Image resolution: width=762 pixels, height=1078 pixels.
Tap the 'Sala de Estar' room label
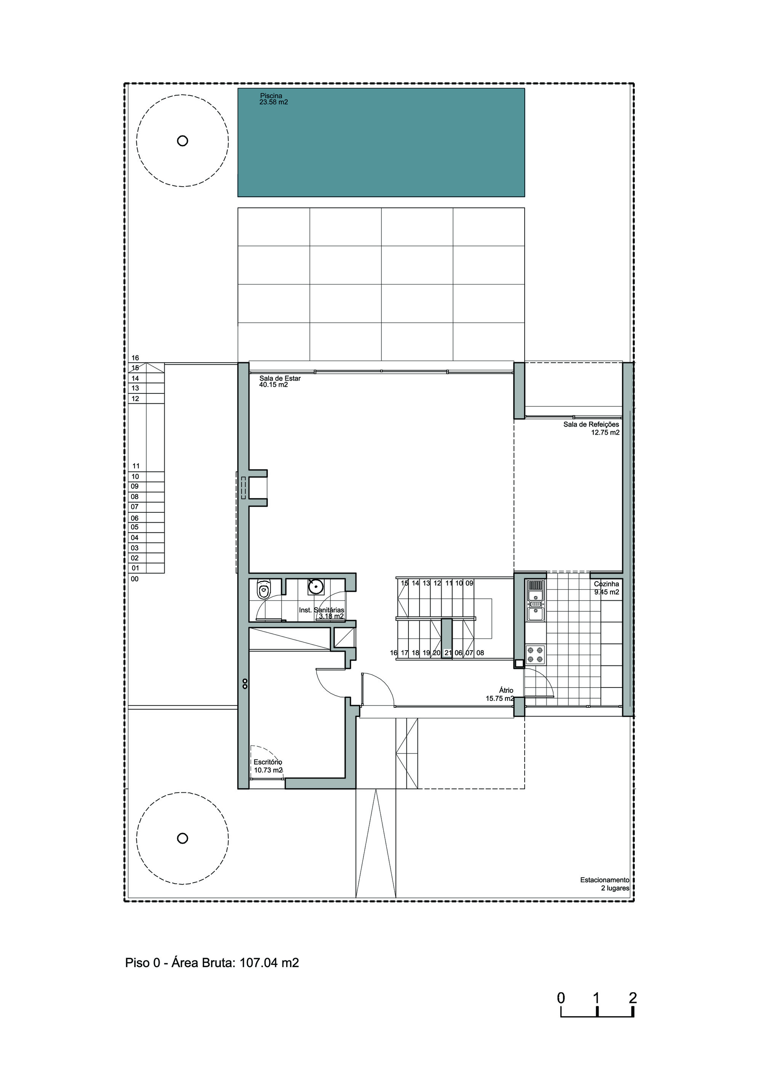click(280, 378)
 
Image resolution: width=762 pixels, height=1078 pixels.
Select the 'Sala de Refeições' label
click(591, 424)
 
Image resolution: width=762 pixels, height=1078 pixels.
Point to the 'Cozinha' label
click(606, 584)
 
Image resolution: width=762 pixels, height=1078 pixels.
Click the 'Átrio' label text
click(506, 690)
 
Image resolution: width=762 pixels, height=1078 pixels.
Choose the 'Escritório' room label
click(267, 762)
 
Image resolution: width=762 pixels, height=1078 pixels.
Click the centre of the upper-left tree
click(182, 141)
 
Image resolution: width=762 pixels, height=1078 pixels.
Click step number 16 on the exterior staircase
click(135, 358)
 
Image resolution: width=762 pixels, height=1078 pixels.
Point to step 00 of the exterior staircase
click(135, 579)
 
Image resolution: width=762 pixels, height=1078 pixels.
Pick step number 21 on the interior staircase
click(448, 653)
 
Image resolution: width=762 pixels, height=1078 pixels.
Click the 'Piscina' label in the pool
click(271, 96)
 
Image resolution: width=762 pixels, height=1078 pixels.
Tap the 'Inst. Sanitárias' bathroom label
click(322, 610)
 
